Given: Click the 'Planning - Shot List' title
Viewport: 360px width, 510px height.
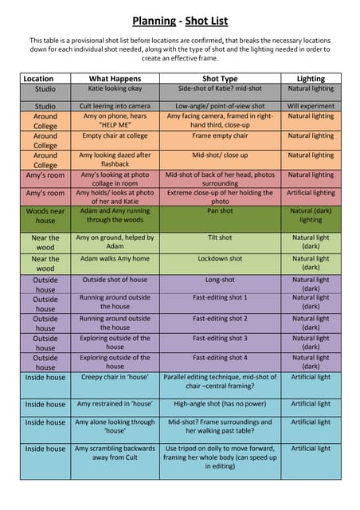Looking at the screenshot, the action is [180, 21].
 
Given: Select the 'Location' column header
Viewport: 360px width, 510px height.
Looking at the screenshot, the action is [38, 79].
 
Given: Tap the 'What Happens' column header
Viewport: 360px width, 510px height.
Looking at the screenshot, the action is [115, 79].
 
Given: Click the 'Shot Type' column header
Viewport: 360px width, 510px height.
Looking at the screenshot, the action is [220, 79].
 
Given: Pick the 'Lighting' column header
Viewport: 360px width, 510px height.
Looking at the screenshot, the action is [311, 79].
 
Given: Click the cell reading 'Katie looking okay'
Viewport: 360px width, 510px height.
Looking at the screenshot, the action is [115, 89].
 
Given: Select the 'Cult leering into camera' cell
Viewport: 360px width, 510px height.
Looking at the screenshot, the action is [115, 106].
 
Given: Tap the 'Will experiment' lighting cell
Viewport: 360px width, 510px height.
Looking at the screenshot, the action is [311, 106].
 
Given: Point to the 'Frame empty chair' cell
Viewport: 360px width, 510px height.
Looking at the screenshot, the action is [220, 136].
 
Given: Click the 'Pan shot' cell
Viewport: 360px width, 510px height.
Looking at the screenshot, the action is [220, 211].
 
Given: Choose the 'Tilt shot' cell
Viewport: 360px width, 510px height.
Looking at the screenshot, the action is [220, 237].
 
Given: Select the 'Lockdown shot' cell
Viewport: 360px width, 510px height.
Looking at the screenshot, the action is [220, 259].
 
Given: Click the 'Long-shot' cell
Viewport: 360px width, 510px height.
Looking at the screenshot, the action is [220, 280].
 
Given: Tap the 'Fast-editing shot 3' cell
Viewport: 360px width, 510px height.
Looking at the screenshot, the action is [220, 338].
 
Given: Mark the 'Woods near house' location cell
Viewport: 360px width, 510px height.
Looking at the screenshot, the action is [45, 215].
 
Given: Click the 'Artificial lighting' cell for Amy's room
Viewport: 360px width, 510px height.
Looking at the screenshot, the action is [311, 193].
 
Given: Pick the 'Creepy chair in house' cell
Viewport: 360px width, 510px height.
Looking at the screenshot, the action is [115, 377].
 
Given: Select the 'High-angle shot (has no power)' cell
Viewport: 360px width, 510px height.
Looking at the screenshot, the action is [220, 404].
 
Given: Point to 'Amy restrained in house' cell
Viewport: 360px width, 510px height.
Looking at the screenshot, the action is [115, 404].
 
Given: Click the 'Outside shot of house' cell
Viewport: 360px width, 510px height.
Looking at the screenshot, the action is [115, 280].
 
